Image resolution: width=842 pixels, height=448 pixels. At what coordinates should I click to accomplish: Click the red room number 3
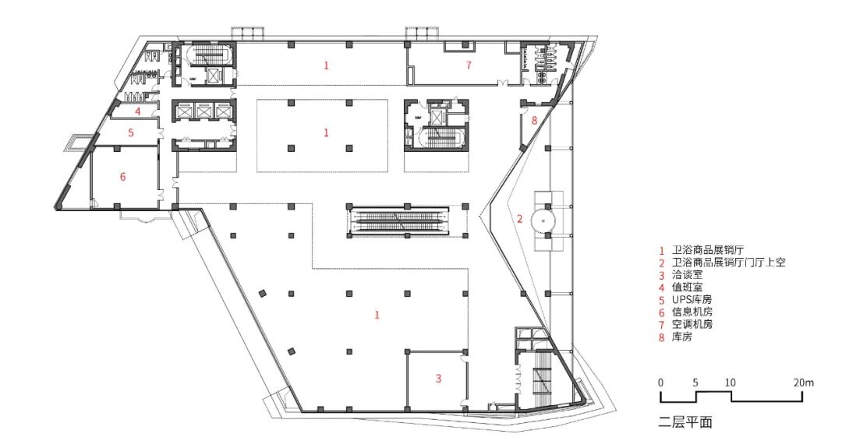[438, 378]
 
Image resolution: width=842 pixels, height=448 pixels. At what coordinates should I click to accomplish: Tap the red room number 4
[137, 111]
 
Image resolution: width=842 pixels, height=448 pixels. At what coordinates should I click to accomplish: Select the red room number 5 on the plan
[130, 132]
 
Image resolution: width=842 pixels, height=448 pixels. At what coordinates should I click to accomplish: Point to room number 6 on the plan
[122, 176]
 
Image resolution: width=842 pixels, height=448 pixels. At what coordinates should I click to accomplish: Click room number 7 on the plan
[469, 65]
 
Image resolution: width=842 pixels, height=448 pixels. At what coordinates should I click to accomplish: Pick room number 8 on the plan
[534, 120]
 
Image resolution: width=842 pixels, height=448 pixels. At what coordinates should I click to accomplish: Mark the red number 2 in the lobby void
[519, 218]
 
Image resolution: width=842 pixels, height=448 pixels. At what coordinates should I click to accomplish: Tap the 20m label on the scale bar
[804, 383]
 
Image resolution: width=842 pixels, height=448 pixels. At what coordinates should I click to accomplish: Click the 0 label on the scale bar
[660, 383]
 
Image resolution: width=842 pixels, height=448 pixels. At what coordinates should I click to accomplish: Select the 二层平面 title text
[685, 422]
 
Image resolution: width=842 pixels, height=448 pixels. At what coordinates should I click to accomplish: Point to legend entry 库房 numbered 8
[682, 337]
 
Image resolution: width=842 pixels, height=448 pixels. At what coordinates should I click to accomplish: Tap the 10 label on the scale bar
[731, 383]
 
